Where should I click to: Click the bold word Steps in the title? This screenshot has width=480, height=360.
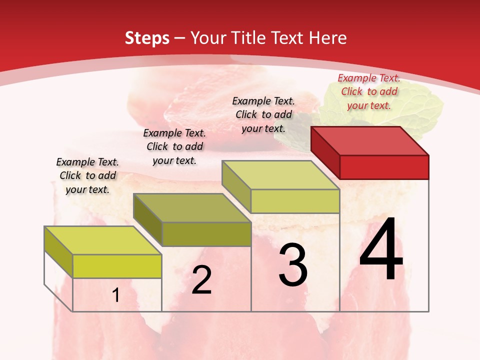[x=147, y=38]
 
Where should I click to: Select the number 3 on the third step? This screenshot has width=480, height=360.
[x=293, y=265]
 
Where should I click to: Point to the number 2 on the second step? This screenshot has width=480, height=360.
[x=201, y=280]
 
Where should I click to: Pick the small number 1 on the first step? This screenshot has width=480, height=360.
[x=116, y=295]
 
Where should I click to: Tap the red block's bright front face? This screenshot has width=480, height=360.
[x=384, y=167]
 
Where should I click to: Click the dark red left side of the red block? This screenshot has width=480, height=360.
[x=325, y=152]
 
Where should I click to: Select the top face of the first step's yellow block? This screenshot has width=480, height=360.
[x=103, y=240]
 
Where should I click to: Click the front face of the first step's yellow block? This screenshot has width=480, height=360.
[x=117, y=266]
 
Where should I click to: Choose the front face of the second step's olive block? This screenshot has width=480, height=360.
[x=206, y=234]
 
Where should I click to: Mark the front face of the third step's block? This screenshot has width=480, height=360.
[x=295, y=201]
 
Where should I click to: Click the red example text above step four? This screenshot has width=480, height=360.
[x=369, y=91]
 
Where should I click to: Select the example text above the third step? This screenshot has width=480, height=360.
[x=263, y=114]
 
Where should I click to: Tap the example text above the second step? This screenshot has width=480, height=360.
[x=174, y=146]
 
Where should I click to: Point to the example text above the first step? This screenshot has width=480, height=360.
[x=87, y=175]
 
